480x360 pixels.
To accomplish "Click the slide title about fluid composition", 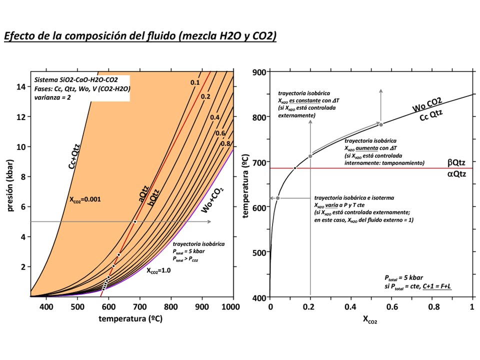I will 140,36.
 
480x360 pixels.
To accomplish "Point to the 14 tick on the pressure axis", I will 21,86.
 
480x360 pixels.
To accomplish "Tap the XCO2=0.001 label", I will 85,199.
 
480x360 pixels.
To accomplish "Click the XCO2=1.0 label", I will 159,271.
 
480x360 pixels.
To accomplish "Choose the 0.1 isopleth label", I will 195,82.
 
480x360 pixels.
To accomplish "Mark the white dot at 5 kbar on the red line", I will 134,221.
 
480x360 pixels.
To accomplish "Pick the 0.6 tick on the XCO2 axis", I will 391,306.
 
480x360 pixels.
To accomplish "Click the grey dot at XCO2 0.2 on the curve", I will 310,156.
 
